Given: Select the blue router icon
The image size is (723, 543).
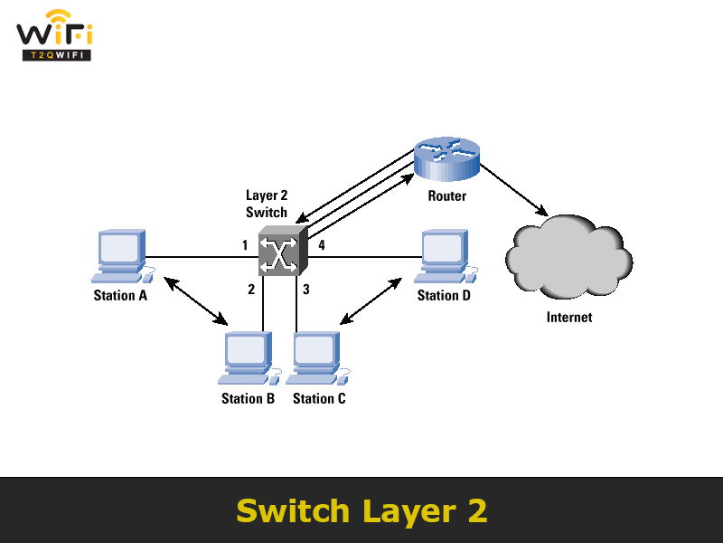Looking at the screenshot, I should [x=447, y=157].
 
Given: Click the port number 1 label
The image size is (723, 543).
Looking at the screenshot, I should [x=244, y=244].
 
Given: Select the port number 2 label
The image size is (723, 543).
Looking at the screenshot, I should [x=252, y=290].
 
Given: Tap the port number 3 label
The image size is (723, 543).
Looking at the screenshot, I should [x=306, y=290].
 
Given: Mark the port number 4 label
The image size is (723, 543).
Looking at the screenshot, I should [x=321, y=244].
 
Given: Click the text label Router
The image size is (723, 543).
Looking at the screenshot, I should [x=447, y=195].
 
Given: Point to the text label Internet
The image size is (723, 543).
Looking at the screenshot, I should [x=569, y=317].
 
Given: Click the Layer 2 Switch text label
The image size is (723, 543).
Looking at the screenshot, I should [x=267, y=204].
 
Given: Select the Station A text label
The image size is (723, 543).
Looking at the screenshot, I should [x=119, y=295].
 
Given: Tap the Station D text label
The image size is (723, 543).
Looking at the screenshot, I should [x=444, y=295].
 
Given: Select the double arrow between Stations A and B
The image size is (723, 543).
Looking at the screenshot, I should [x=196, y=301].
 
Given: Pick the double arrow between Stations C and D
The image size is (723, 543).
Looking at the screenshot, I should [x=370, y=300].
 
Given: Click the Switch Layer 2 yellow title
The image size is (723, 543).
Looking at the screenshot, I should [x=361, y=510].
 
